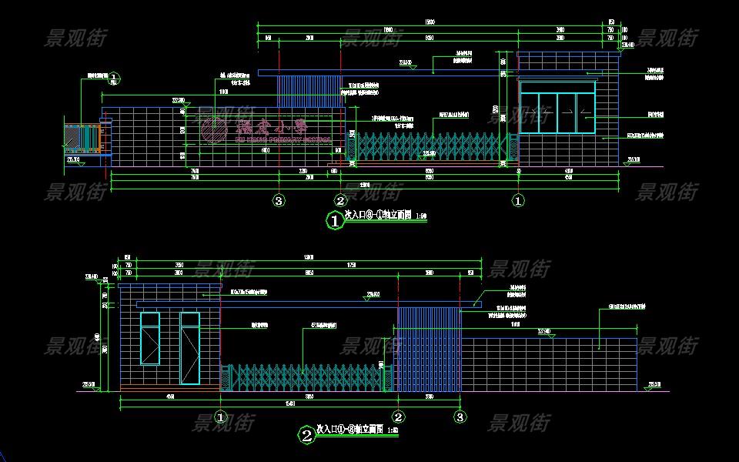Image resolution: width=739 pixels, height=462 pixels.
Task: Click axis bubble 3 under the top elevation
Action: click(279, 201)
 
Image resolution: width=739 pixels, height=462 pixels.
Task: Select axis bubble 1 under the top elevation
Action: click(518, 201)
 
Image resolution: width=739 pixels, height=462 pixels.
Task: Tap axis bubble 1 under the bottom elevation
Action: click(220, 417)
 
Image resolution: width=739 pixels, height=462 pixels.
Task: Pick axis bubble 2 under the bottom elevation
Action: click(398, 417)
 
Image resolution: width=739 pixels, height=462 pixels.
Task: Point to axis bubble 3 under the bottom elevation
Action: click(460, 417)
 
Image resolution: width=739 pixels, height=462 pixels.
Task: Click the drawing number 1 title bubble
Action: click(335, 221)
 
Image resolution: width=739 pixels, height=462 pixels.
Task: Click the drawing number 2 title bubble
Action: click(306, 436)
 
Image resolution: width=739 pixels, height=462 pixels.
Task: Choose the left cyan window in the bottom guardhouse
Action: click(150, 338)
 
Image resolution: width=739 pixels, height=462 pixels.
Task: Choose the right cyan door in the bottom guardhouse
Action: click(189, 348)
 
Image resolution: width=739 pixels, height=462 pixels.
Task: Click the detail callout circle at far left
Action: click(113, 77)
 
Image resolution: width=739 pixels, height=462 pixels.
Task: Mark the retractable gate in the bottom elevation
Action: click(304, 378)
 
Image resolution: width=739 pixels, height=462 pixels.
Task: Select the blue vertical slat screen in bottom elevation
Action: click(428, 349)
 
